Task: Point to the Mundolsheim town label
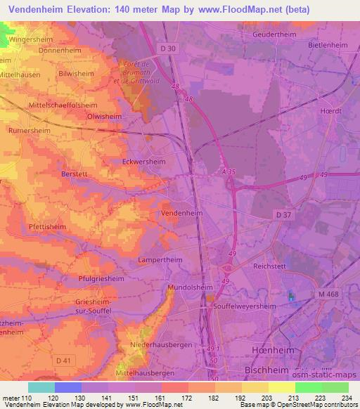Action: (190, 288)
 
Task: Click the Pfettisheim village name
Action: (47, 227)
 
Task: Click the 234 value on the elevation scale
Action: (347, 398)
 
